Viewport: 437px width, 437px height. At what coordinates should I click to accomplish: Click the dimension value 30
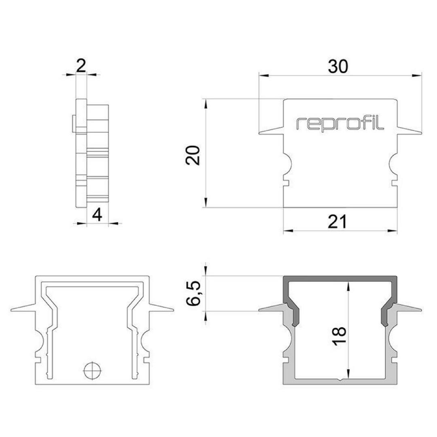338,67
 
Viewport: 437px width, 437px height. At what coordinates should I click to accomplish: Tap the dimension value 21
337,222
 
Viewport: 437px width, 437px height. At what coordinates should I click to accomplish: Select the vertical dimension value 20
193,155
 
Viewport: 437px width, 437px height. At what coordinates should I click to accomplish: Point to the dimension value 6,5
193,293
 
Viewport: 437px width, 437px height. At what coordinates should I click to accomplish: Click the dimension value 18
339,336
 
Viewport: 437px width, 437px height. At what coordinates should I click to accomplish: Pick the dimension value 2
81,66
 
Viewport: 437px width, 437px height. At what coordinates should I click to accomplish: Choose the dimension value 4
97,215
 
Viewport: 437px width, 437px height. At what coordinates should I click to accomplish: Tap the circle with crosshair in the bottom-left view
93,371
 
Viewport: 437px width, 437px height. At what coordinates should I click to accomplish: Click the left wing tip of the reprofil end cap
259,133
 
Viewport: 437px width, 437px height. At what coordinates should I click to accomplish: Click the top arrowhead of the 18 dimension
348,286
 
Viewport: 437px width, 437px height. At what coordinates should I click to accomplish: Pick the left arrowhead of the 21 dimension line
288,231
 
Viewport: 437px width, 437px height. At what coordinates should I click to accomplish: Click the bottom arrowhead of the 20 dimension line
206,203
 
